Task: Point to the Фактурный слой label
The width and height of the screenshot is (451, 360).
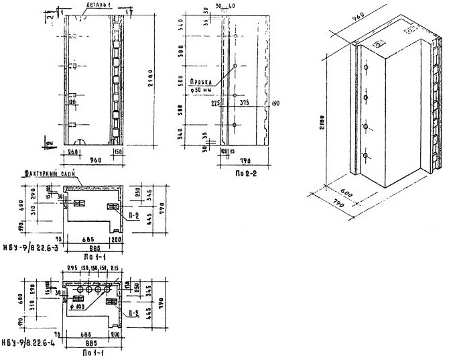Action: [x=44, y=174]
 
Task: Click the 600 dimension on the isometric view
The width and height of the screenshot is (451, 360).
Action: [x=346, y=190]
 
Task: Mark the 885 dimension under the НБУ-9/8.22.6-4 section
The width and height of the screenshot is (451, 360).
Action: [x=86, y=345]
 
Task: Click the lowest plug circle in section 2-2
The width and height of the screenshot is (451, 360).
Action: [x=235, y=126]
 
